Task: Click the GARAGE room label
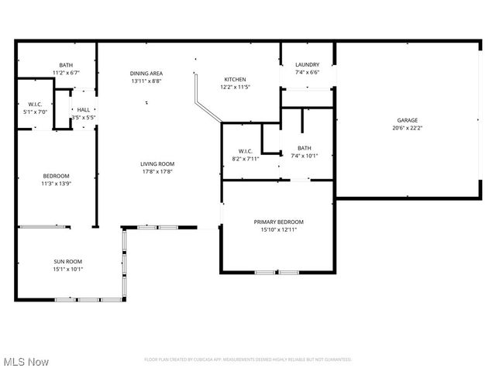(x=408, y=120)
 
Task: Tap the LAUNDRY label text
(x=308, y=65)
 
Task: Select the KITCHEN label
(x=235, y=79)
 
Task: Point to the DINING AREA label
(x=146, y=73)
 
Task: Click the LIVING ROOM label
(x=157, y=164)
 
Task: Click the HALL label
(x=83, y=110)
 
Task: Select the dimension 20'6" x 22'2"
(x=408, y=129)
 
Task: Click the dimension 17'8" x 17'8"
(x=157, y=171)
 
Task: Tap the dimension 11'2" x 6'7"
(x=66, y=73)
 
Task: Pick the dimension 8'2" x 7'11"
(x=246, y=159)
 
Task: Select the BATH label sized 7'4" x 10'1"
(x=304, y=148)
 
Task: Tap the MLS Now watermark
(x=26, y=362)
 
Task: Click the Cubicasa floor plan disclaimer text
(x=248, y=360)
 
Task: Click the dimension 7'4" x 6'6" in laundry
(x=308, y=73)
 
